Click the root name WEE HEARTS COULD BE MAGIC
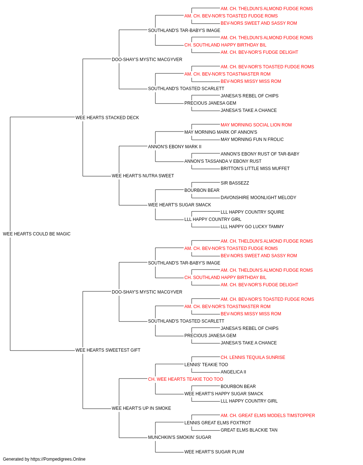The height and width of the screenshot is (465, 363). pos(37,234)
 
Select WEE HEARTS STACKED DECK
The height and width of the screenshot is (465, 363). pos(107,118)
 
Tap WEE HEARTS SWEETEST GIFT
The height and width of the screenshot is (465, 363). pos(108,350)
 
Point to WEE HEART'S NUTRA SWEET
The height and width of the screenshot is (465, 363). pos(143,176)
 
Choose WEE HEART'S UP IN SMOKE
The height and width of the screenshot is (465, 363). pos(141,408)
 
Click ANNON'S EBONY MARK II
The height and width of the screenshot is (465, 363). pos(175,147)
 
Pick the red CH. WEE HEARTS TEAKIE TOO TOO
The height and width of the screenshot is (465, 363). pos(185,379)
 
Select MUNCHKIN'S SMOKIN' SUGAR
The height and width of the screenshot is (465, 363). pos(180,437)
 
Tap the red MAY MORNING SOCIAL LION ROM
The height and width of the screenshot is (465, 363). pos(256,125)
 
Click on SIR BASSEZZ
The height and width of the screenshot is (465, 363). pos(235,183)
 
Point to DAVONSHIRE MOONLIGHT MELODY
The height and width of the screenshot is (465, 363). pos(258,198)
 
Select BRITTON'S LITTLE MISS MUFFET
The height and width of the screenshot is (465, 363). pos(255,169)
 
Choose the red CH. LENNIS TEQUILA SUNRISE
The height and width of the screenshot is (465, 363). pos(253,357)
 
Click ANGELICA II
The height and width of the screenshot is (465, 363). pos(233,372)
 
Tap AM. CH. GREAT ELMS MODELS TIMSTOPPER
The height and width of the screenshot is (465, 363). pos(268,416)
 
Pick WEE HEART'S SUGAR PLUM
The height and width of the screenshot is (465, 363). pos(214,452)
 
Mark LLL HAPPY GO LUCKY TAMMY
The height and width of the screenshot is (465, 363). pos(252,227)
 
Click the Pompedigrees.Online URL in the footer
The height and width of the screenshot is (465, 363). pos(58,459)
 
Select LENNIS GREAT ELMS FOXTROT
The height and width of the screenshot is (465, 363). pos(218,423)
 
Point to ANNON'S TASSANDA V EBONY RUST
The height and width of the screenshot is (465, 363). pos(223,161)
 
